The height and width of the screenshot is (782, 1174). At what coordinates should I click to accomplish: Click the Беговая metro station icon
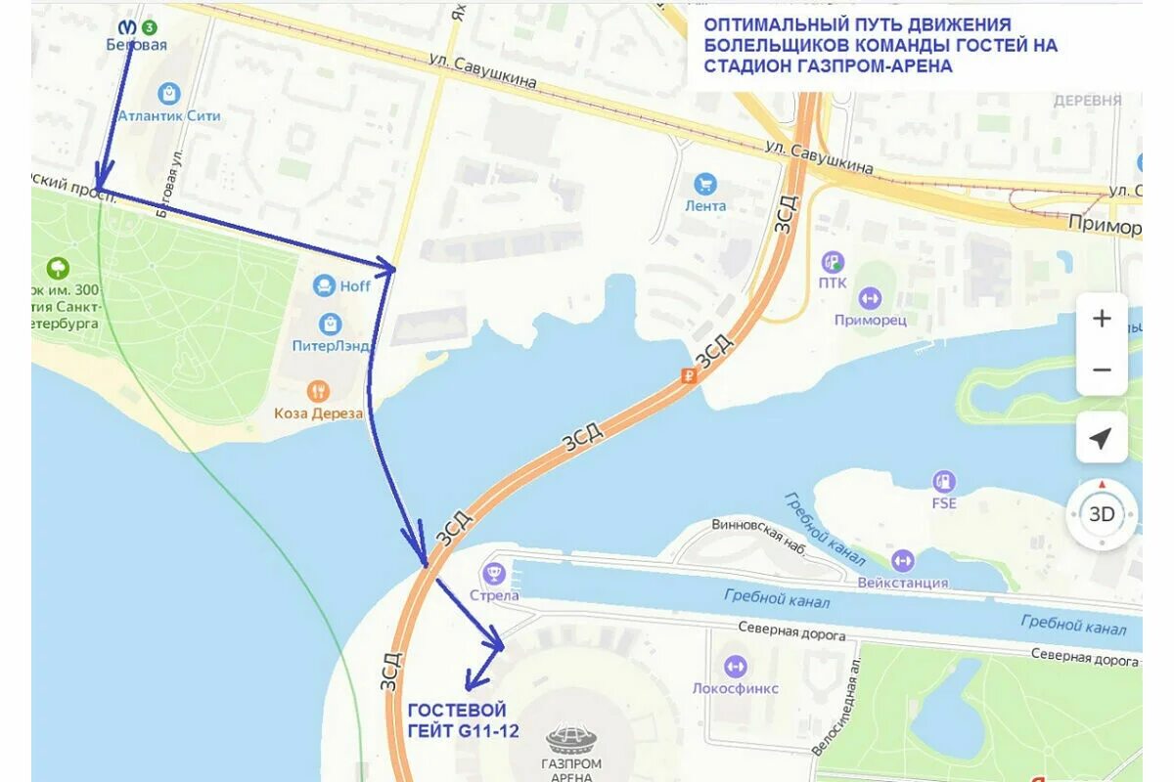click(127, 27)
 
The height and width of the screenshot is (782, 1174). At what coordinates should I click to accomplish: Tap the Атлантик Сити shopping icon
click(169, 94)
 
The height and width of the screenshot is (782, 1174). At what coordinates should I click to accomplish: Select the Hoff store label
click(355, 286)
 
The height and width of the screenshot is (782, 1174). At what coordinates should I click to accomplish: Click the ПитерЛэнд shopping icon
click(331, 324)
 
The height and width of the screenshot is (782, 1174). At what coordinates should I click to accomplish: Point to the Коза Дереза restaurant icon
click(318, 392)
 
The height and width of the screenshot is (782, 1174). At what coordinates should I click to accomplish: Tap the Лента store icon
click(704, 184)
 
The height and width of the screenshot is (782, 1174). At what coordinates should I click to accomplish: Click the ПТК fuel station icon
click(833, 261)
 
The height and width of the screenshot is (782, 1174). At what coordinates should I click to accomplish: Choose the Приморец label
click(870, 320)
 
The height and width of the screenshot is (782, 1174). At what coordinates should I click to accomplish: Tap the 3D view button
click(1102, 514)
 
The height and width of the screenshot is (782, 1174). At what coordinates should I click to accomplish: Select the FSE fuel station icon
click(943, 481)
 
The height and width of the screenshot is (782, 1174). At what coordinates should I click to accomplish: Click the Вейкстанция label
click(902, 583)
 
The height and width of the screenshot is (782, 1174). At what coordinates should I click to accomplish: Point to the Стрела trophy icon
click(493, 574)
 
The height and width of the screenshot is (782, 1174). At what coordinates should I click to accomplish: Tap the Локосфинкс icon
click(736, 667)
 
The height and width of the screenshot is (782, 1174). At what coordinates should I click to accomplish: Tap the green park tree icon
click(58, 267)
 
